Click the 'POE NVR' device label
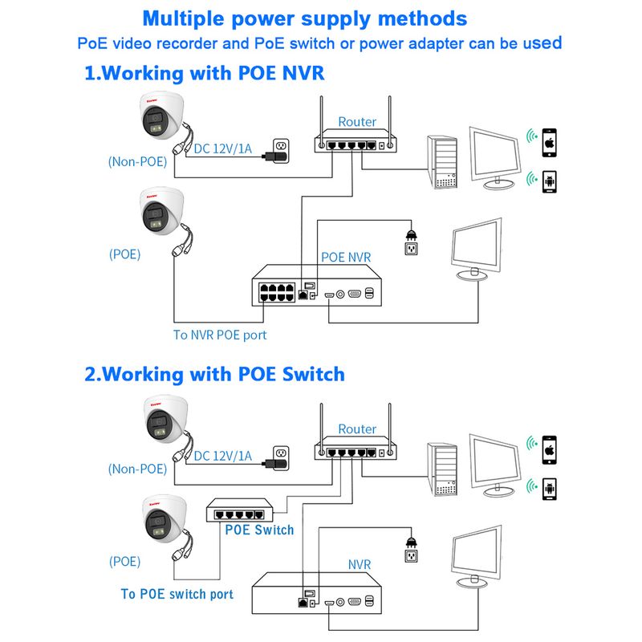click(346, 258)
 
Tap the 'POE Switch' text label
click(259, 530)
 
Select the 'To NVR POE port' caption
click(220, 335)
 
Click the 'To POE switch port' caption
click(177, 594)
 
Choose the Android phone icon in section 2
click(550, 487)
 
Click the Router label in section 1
click(357, 122)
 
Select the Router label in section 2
click(357, 429)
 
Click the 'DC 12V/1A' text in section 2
click(221, 456)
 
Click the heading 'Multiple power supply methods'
click(304, 18)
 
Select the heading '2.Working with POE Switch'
click(214, 374)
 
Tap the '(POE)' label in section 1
click(124, 254)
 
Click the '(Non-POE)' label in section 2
click(137, 469)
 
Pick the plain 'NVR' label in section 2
click(359, 565)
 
